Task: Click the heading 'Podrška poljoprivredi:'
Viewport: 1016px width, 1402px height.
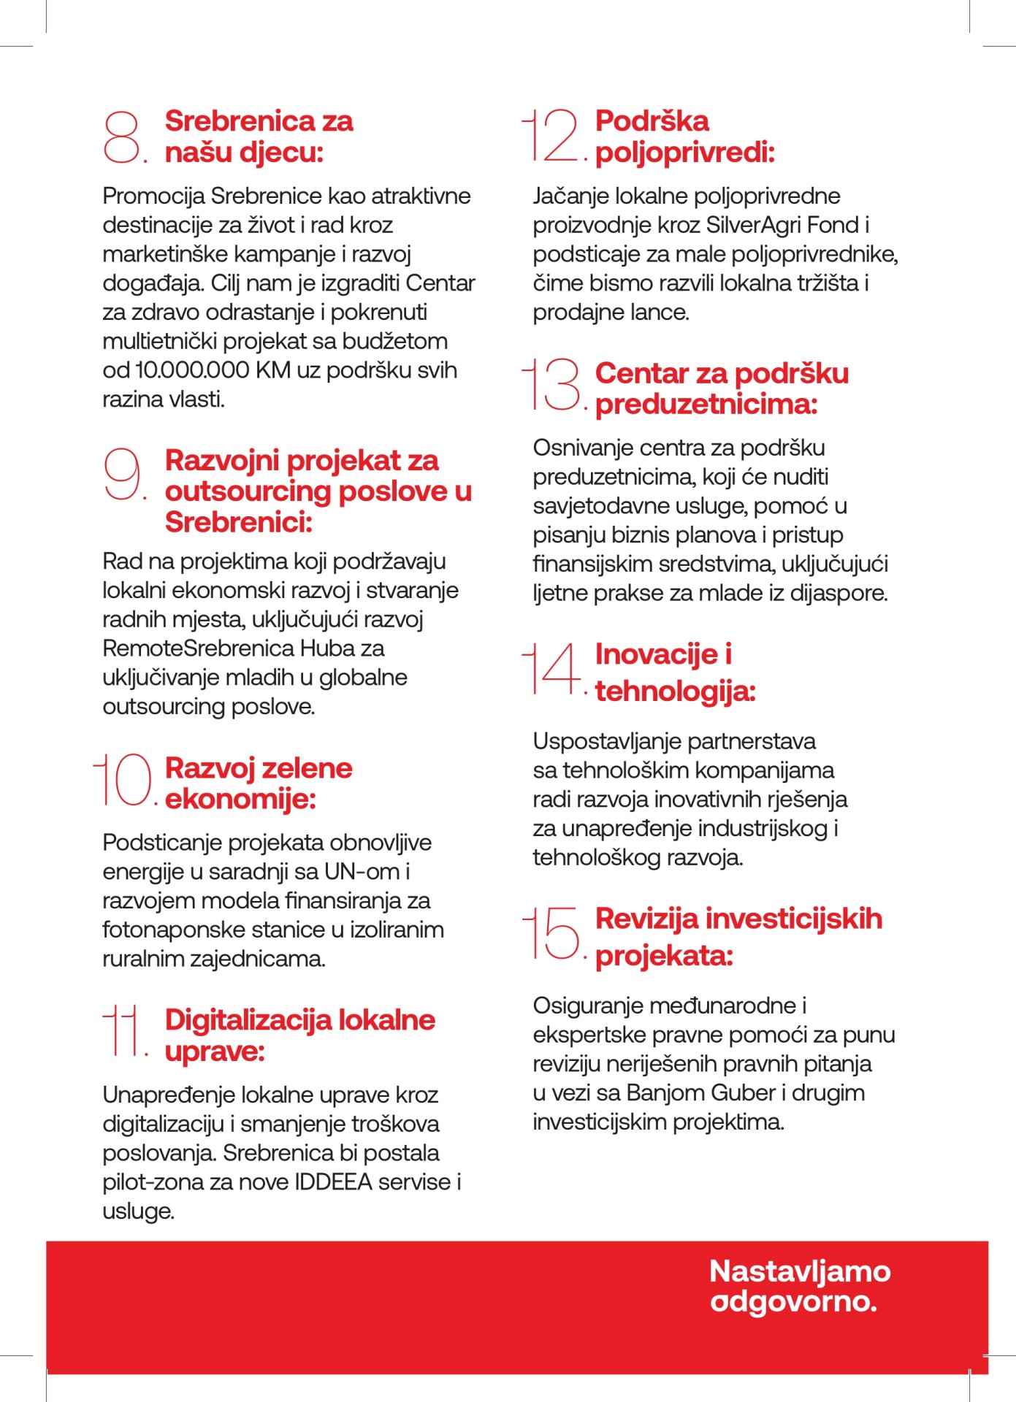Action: tap(684, 137)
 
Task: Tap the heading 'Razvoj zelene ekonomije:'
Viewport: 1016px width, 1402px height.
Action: tap(259, 784)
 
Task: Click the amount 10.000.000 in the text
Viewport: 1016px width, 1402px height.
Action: tap(193, 370)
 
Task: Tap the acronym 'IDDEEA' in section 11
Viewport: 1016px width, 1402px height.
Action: tap(336, 1181)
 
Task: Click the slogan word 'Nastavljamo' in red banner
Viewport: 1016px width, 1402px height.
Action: tap(799, 1271)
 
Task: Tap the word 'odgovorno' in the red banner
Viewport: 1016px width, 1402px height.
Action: tap(792, 1302)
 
